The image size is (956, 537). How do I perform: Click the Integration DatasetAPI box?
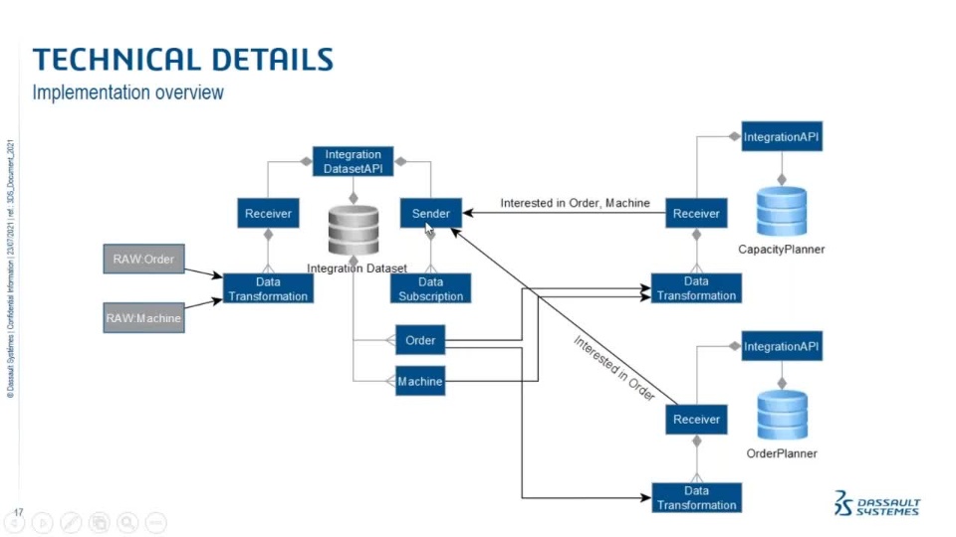pyautogui.click(x=353, y=160)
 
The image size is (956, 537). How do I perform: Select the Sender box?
pyautogui.click(x=430, y=213)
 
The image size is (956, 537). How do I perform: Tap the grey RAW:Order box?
pyautogui.click(x=143, y=260)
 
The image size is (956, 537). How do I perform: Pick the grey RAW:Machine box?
pyautogui.click(x=143, y=318)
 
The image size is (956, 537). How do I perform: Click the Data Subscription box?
pyautogui.click(x=430, y=288)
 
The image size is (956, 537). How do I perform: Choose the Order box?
pyautogui.click(x=420, y=340)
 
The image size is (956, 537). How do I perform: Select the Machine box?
pyautogui.click(x=420, y=381)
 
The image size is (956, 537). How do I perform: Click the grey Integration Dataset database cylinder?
pyautogui.click(x=354, y=230)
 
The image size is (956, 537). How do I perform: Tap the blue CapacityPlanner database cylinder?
pyautogui.click(x=782, y=209)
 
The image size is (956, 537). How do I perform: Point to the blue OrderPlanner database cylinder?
pyautogui.click(x=782, y=415)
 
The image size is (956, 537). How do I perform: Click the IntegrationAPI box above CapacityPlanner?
pyautogui.click(x=782, y=136)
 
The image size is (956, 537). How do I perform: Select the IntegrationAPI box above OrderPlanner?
pyautogui.click(x=782, y=346)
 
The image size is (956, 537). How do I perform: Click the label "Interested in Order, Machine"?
pyautogui.click(x=575, y=203)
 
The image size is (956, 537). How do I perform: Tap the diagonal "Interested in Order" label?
pyautogui.click(x=613, y=368)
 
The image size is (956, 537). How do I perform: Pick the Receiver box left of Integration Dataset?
pyautogui.click(x=268, y=213)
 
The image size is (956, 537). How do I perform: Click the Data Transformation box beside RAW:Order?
pyautogui.click(x=268, y=288)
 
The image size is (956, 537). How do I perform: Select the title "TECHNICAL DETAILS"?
pyautogui.click(x=182, y=59)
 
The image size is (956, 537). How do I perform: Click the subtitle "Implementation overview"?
pyautogui.click(x=127, y=92)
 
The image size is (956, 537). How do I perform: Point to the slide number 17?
pyautogui.click(x=18, y=514)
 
